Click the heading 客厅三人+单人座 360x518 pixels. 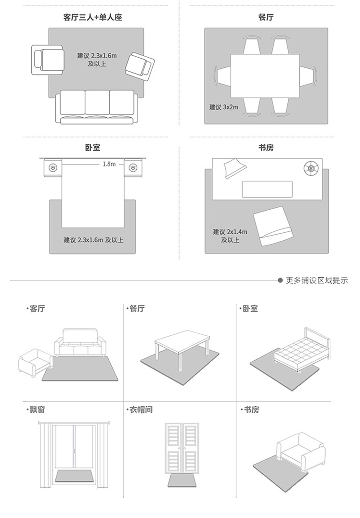pos(92,17)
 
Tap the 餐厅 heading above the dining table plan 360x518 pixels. pos(266,17)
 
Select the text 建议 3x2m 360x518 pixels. pos(223,107)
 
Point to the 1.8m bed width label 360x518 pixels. pos(109,164)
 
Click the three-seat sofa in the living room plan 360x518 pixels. pos(97,107)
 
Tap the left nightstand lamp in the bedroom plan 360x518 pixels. pos(53,168)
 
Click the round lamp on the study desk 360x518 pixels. pos(311,168)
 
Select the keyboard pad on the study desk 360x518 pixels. pos(267,189)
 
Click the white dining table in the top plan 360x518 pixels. pos(265,76)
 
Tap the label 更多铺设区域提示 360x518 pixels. pos(317,280)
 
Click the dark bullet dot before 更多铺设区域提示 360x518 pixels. pos(280,280)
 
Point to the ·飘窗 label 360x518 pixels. pos(35,410)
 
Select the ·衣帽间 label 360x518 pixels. pos(139,410)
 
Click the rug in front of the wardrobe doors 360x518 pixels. pos(182,480)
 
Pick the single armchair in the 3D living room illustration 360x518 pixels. pos(35,362)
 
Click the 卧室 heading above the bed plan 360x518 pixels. pos(92,148)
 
